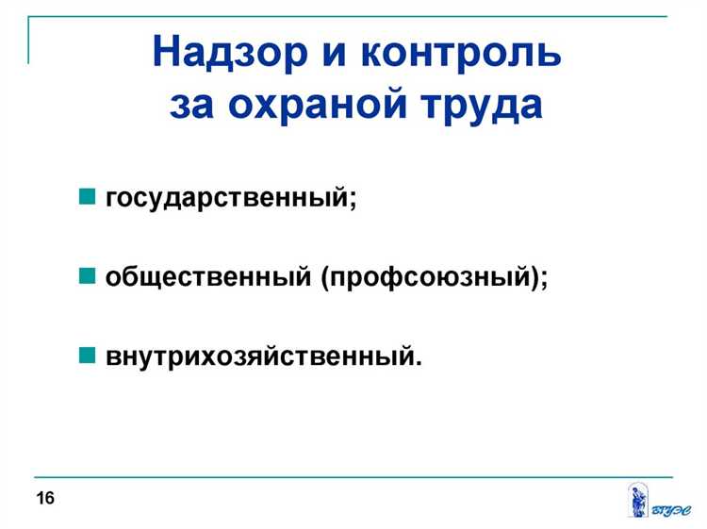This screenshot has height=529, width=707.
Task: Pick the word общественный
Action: [209, 278]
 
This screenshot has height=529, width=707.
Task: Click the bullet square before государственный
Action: [87, 198]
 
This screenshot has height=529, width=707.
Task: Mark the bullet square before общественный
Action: [87, 277]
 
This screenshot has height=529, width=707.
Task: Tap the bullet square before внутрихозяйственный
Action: [87, 356]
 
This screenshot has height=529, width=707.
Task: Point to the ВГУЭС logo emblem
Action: [637, 499]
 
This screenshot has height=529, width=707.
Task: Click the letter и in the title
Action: [327, 53]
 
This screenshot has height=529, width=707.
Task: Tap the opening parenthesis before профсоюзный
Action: [325, 279]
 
